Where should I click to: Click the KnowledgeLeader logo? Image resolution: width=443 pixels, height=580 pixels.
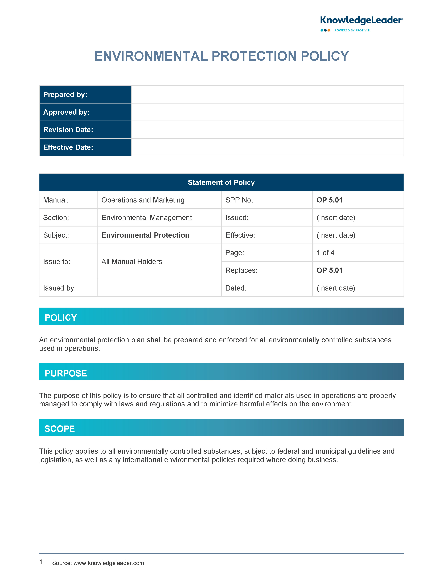click(361, 21)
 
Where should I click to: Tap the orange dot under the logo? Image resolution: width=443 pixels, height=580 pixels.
click(329, 30)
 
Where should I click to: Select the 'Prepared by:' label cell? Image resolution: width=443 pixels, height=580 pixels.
click(85, 94)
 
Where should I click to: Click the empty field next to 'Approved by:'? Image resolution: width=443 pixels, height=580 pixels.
click(267, 112)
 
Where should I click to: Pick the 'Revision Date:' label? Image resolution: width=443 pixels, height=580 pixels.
click(68, 130)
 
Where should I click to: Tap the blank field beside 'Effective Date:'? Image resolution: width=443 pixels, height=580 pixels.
click(267, 147)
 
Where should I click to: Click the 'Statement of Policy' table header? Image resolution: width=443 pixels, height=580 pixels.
click(221, 182)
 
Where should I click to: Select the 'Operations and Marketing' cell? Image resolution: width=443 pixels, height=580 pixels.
click(143, 200)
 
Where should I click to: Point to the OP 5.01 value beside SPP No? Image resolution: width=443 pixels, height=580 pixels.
click(329, 200)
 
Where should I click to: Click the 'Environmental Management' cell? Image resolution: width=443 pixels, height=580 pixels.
click(147, 217)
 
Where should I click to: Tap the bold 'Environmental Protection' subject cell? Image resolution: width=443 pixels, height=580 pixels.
click(145, 235)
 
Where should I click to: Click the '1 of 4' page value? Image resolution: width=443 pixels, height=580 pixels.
click(325, 253)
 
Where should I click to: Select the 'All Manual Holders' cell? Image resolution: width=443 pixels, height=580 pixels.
click(132, 262)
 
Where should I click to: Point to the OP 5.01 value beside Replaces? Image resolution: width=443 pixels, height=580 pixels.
click(329, 270)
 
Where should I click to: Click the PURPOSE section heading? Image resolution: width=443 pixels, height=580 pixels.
click(66, 373)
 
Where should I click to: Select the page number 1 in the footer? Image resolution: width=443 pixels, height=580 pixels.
click(41, 562)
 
